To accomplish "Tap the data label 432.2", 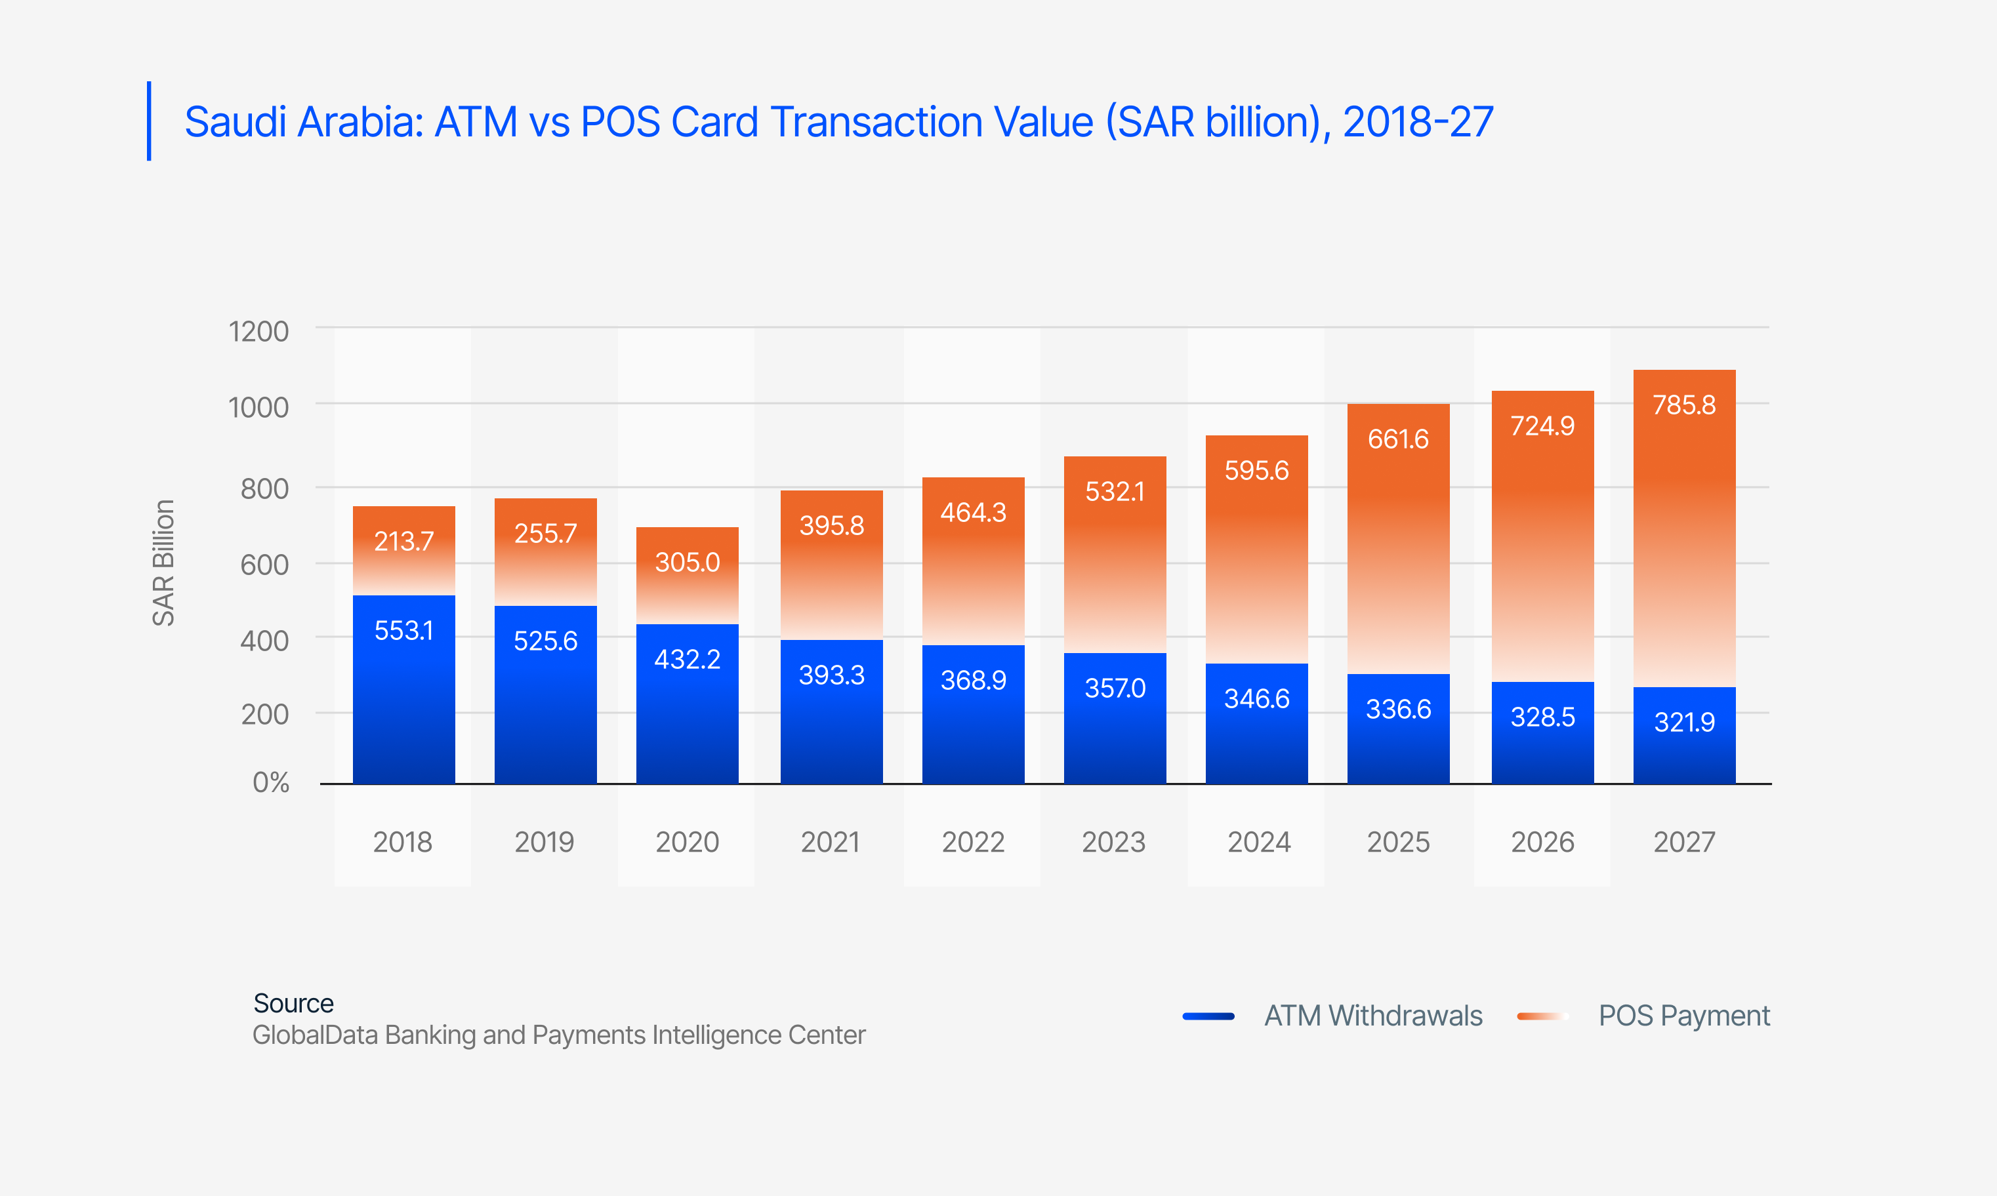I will coord(687,659).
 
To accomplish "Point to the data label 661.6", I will coord(1398,439).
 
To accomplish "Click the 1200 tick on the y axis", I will coord(258,331).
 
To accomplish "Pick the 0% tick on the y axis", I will coord(270,782).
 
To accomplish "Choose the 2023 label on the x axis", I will coord(1113,842).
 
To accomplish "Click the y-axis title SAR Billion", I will coord(163,563).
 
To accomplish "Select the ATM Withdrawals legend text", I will coord(1373,1016).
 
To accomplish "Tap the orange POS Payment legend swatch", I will coord(1542,1016).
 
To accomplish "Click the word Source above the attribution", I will coord(293,1003).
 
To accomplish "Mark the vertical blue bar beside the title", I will coord(149,121).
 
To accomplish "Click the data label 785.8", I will coord(1683,405).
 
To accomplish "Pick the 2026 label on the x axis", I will coord(1542,842).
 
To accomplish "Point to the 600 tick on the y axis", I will coord(264,565).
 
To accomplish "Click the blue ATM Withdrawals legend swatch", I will coord(1208,1016).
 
